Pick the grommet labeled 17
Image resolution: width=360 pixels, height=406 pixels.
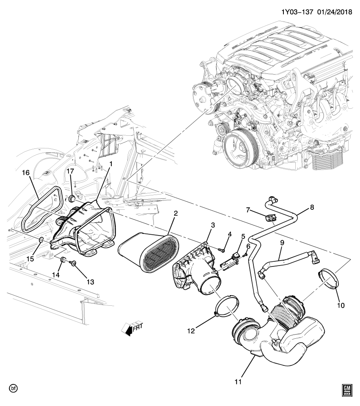(x=72, y=198)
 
